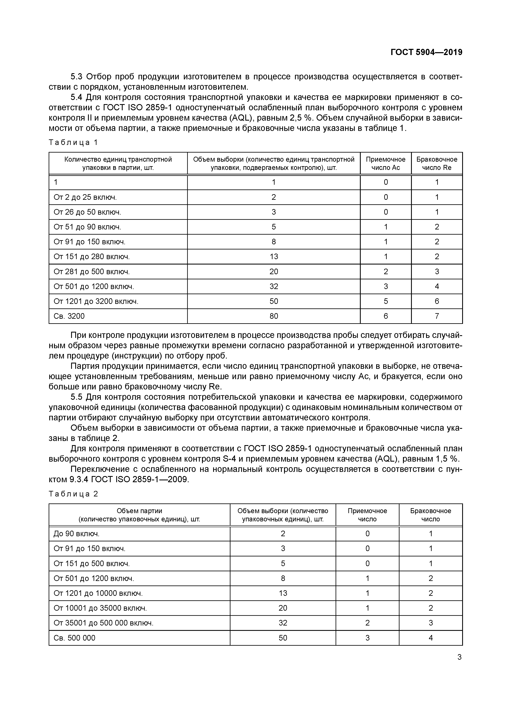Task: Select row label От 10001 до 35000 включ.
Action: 100,608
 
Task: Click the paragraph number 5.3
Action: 76,76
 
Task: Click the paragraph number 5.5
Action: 76,397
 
